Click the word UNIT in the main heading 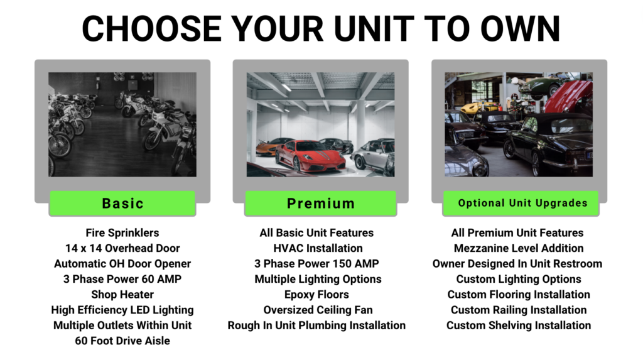point(374,29)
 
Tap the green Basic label point(122,203)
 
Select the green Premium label point(320,203)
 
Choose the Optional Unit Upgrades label point(521,203)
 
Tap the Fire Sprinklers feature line point(122,232)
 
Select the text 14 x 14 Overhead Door point(122,248)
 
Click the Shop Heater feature point(122,294)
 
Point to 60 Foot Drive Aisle point(122,341)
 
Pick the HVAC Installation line point(318,248)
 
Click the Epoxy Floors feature point(316,294)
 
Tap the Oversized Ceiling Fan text point(318,310)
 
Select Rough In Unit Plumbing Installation point(316,325)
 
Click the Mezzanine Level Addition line point(518,248)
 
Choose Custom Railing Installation point(518,310)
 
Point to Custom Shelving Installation point(518,325)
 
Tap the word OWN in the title point(520,29)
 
